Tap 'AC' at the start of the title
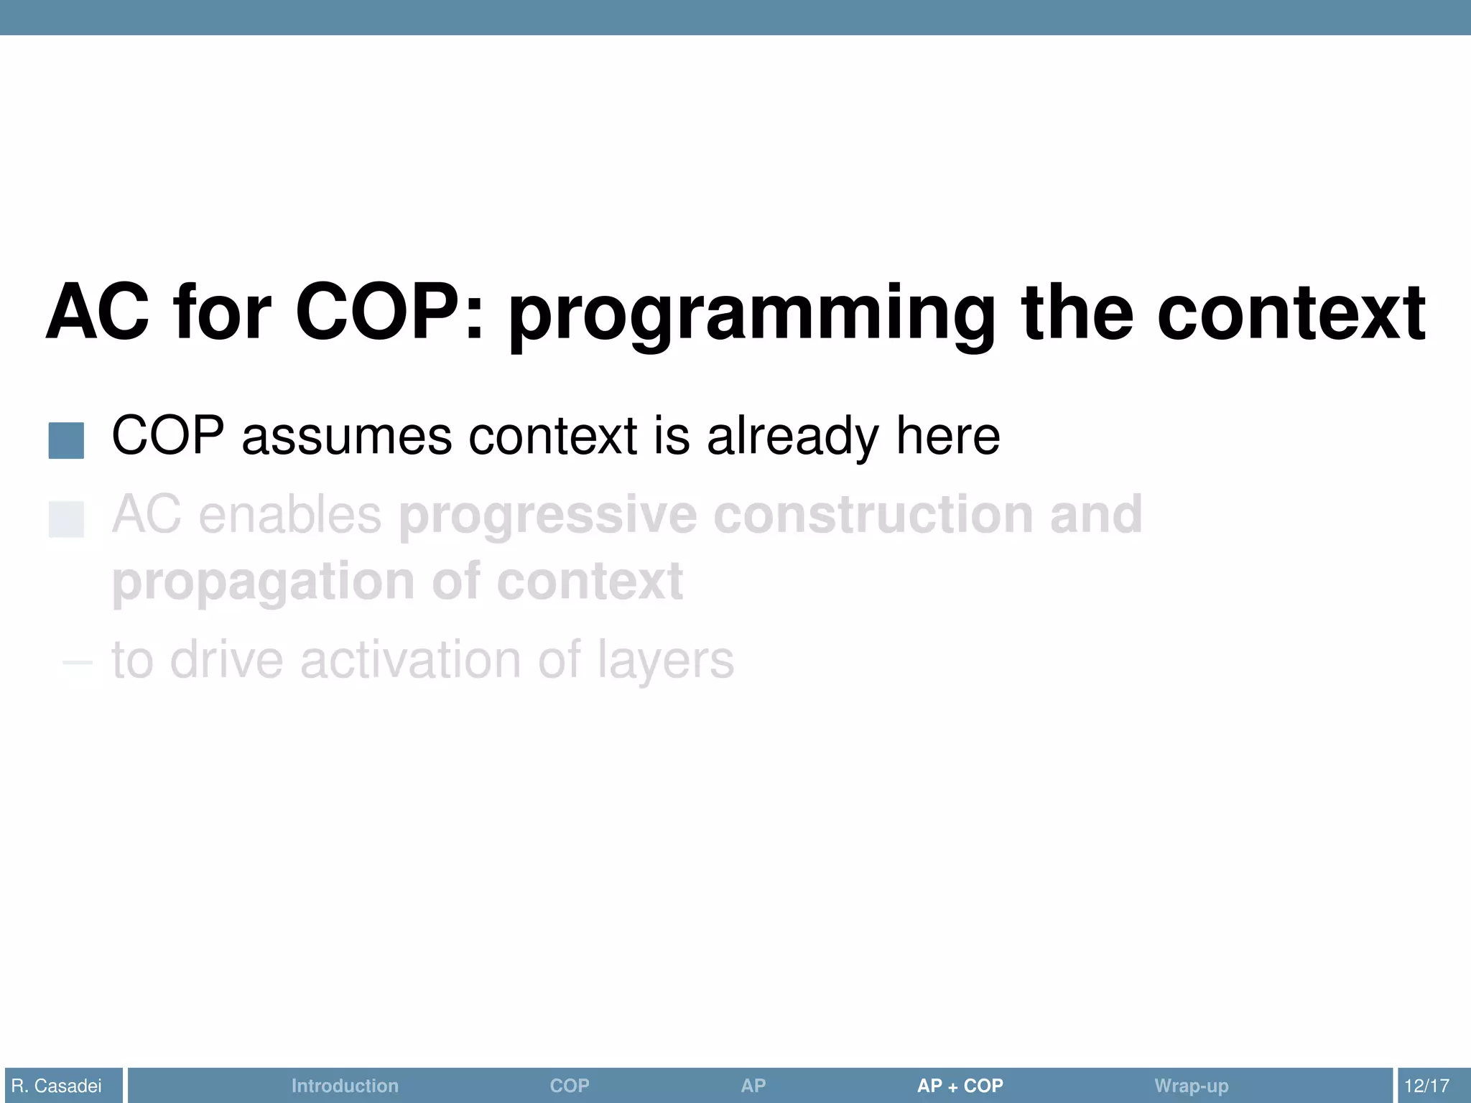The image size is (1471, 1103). tap(97, 313)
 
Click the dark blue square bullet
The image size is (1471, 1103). tap(66, 440)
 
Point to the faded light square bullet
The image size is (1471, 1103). tap(66, 519)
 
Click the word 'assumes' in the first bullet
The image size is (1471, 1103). tap(346, 437)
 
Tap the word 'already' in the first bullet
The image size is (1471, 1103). tap(792, 437)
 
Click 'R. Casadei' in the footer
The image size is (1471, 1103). tap(57, 1086)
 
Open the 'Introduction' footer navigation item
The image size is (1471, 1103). tap(345, 1086)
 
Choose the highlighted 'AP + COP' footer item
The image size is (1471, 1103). tap(960, 1086)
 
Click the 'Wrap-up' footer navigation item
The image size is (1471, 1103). tap(1191, 1086)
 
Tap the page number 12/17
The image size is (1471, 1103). tap(1426, 1086)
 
